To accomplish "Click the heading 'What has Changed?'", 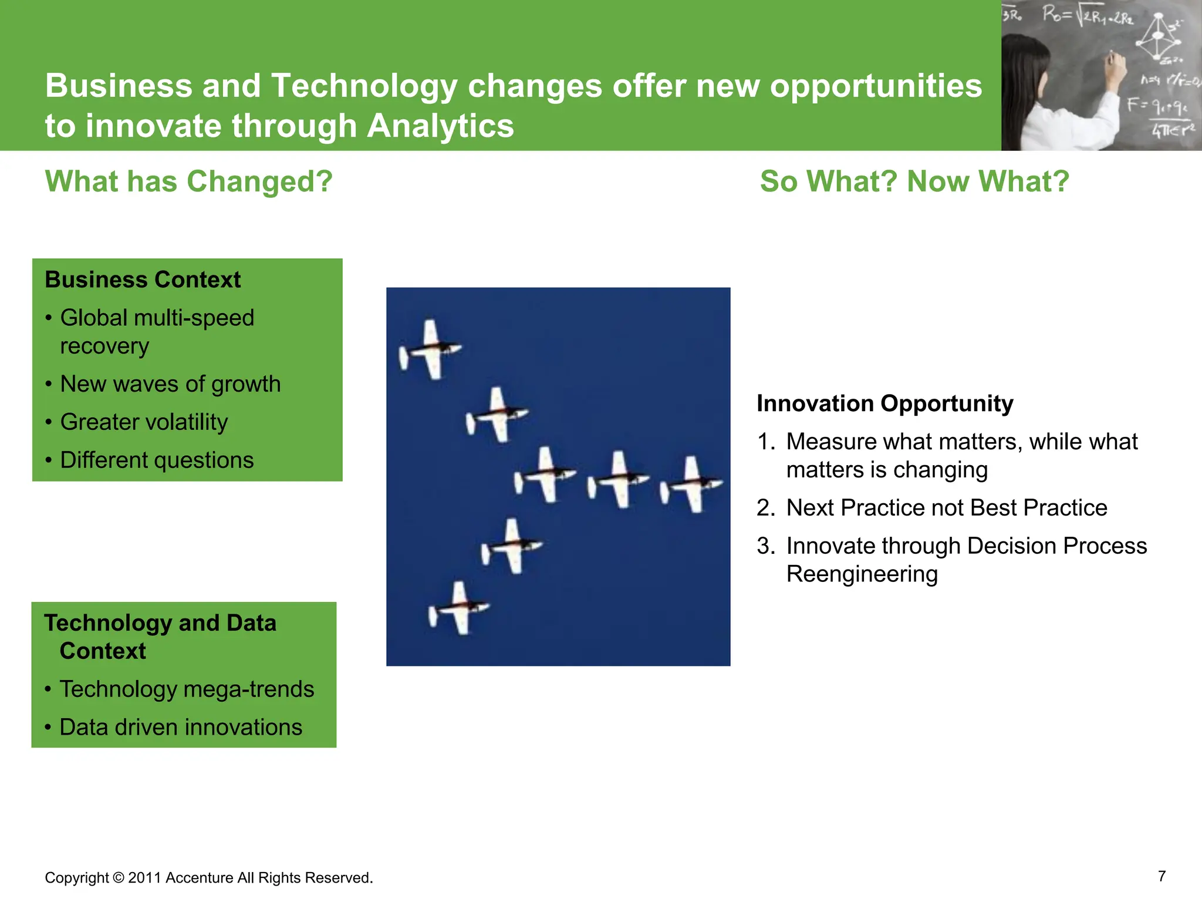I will (x=188, y=181).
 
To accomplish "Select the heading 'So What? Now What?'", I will (x=914, y=181).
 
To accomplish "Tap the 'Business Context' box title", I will (x=143, y=280).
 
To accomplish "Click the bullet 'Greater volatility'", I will (x=144, y=422).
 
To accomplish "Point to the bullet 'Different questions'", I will (x=157, y=460).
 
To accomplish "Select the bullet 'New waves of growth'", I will (x=170, y=384).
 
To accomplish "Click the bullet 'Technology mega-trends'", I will (x=187, y=689).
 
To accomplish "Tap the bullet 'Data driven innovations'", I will (x=181, y=728).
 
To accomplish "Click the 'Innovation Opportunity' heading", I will (x=884, y=403).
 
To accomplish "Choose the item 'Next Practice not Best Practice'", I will (x=946, y=508).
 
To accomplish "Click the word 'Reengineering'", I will (x=862, y=574).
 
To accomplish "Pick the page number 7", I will (x=1162, y=876).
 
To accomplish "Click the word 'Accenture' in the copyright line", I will (x=200, y=878).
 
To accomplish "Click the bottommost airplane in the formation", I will (x=460, y=608).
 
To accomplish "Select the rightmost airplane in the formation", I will (x=693, y=485).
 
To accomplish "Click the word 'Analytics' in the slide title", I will (x=440, y=126).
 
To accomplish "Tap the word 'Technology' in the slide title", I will (x=364, y=86).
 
